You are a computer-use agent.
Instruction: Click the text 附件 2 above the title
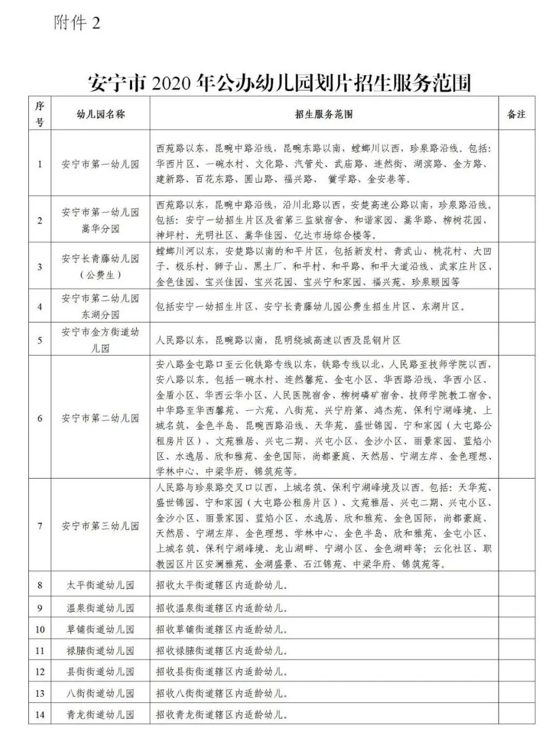tap(76, 23)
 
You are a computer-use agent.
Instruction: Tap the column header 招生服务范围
tap(324, 113)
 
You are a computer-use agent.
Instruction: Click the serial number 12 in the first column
tap(40, 672)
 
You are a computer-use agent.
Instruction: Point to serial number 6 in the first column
tap(40, 418)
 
